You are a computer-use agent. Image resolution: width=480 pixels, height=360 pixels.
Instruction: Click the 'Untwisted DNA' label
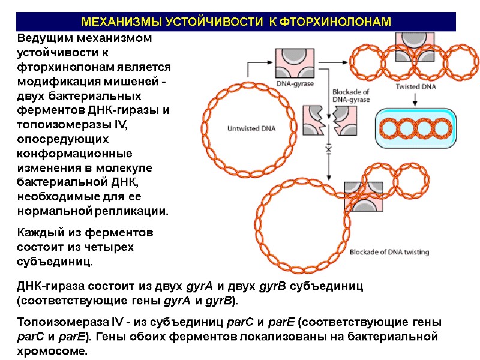250,128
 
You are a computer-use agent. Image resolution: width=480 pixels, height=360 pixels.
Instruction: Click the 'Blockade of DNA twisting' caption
389,252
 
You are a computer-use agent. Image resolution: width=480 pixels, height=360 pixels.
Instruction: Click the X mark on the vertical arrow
328,148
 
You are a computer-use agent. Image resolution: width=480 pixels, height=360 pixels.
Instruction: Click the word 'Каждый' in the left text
40,233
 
